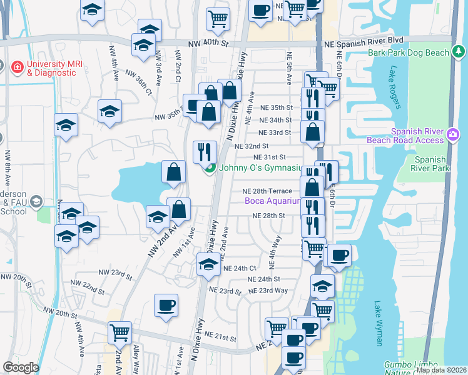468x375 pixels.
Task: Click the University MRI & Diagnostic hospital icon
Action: coord(4,66)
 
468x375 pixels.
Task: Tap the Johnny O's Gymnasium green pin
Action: coord(210,167)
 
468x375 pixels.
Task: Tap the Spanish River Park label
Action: coord(429,164)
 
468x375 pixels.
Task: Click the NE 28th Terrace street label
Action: coord(268,191)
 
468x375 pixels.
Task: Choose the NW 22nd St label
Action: coord(93,288)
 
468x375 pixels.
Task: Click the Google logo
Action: coord(21,367)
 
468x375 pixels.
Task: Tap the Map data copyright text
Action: coord(441,370)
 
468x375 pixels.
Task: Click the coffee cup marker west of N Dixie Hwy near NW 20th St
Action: coord(166,306)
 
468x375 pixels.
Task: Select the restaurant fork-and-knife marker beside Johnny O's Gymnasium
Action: coord(205,151)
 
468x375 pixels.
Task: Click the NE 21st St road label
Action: coord(225,337)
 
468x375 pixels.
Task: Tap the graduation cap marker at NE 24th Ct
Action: coord(208,264)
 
